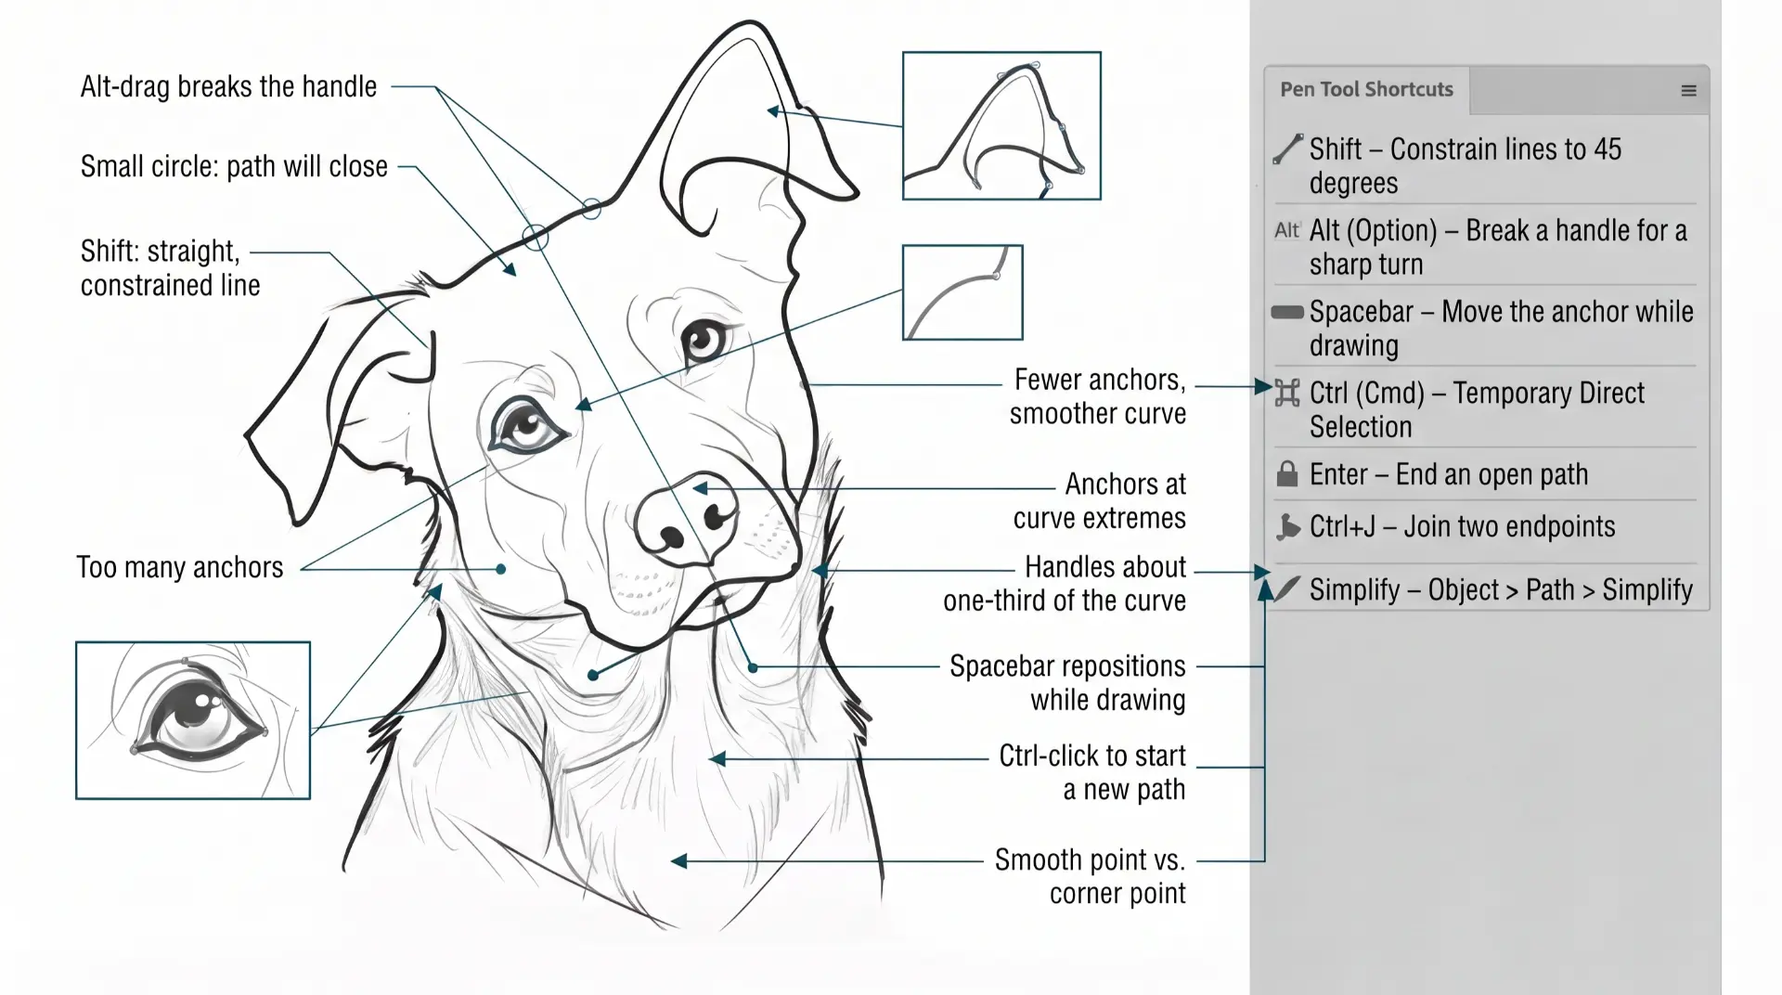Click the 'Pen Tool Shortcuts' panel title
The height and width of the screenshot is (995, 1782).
pos(1366,90)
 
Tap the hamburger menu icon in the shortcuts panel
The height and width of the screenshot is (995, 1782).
pos(1688,91)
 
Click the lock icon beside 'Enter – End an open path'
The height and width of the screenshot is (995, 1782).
pos(1287,474)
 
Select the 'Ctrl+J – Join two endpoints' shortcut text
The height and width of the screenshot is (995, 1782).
pos(1462,527)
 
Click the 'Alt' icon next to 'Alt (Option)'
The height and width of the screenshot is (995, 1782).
pos(1287,230)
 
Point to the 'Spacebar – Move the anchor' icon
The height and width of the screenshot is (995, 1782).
pos(1287,312)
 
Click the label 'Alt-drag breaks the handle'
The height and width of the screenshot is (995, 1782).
pos(228,86)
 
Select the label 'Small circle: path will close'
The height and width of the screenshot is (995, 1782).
pos(234,167)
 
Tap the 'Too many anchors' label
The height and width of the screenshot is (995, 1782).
pos(180,567)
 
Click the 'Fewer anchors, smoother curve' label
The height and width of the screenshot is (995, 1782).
pos(1098,396)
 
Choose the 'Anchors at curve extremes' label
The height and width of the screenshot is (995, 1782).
pos(1100,501)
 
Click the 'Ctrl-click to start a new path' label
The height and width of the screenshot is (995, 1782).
pos(1092,772)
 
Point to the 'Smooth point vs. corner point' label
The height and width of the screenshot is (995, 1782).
pos(1090,876)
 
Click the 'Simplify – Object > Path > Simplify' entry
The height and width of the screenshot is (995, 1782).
pos(1501,590)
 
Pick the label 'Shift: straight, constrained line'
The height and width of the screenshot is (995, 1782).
pos(170,268)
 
